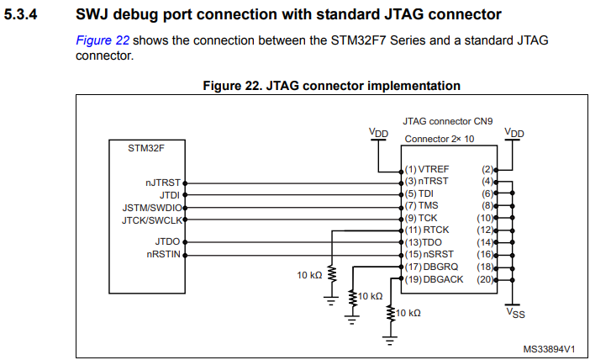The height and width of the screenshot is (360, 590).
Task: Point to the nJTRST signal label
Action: coord(163,182)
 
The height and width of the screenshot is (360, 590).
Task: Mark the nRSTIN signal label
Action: coord(163,254)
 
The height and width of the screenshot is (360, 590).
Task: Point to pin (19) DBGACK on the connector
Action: coord(433,278)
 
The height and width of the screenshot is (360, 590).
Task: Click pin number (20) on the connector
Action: coord(485,278)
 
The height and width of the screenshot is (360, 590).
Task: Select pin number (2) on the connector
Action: coord(487,169)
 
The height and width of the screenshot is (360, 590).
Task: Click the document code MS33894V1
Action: coord(548,347)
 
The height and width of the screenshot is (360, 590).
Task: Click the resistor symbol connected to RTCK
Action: coord(331,275)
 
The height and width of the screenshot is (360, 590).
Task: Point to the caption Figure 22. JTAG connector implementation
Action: coord(331,85)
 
